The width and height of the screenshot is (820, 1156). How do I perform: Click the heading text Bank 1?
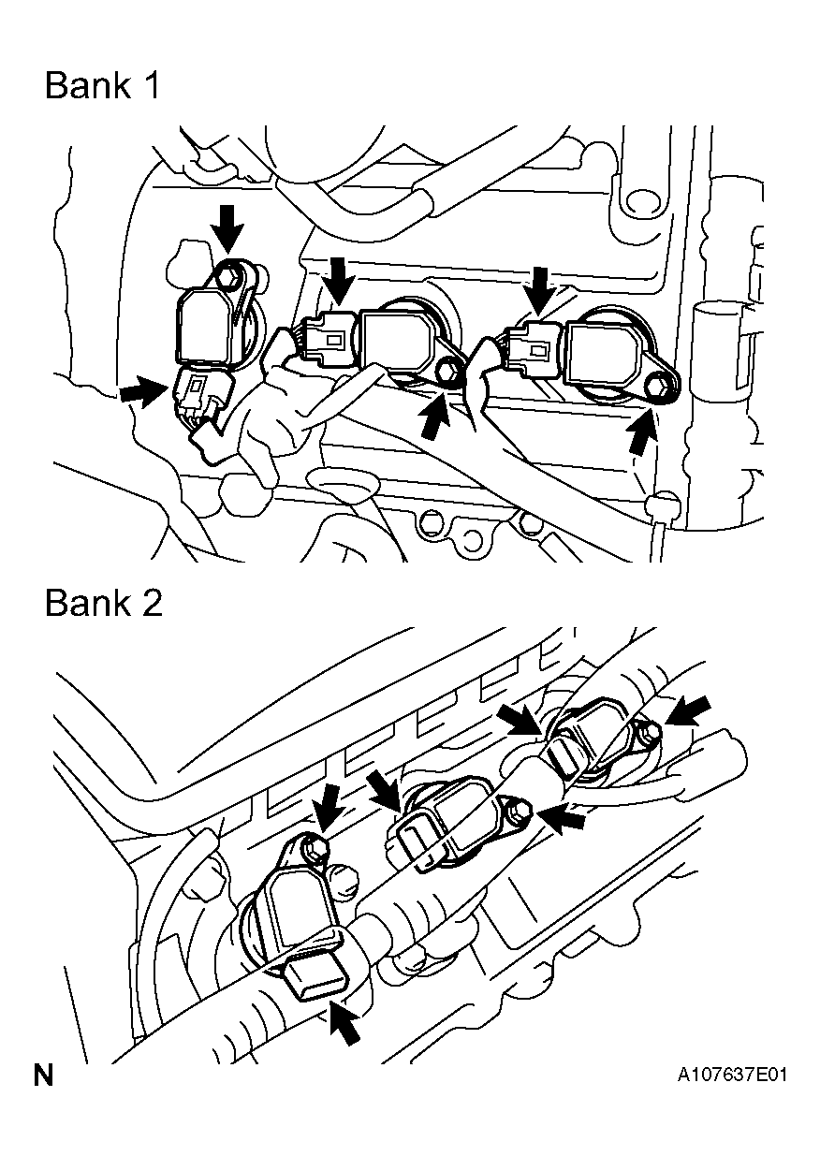click(x=103, y=85)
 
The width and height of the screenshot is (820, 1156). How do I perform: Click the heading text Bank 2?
click(x=104, y=602)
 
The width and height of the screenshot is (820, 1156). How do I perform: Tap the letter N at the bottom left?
click(x=43, y=1076)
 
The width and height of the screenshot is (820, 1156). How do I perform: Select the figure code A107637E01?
click(x=732, y=1075)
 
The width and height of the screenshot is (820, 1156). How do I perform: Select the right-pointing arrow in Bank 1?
click(x=142, y=390)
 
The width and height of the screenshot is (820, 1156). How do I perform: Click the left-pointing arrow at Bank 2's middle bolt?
click(x=561, y=817)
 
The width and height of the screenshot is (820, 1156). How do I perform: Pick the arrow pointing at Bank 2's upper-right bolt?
click(x=686, y=710)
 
